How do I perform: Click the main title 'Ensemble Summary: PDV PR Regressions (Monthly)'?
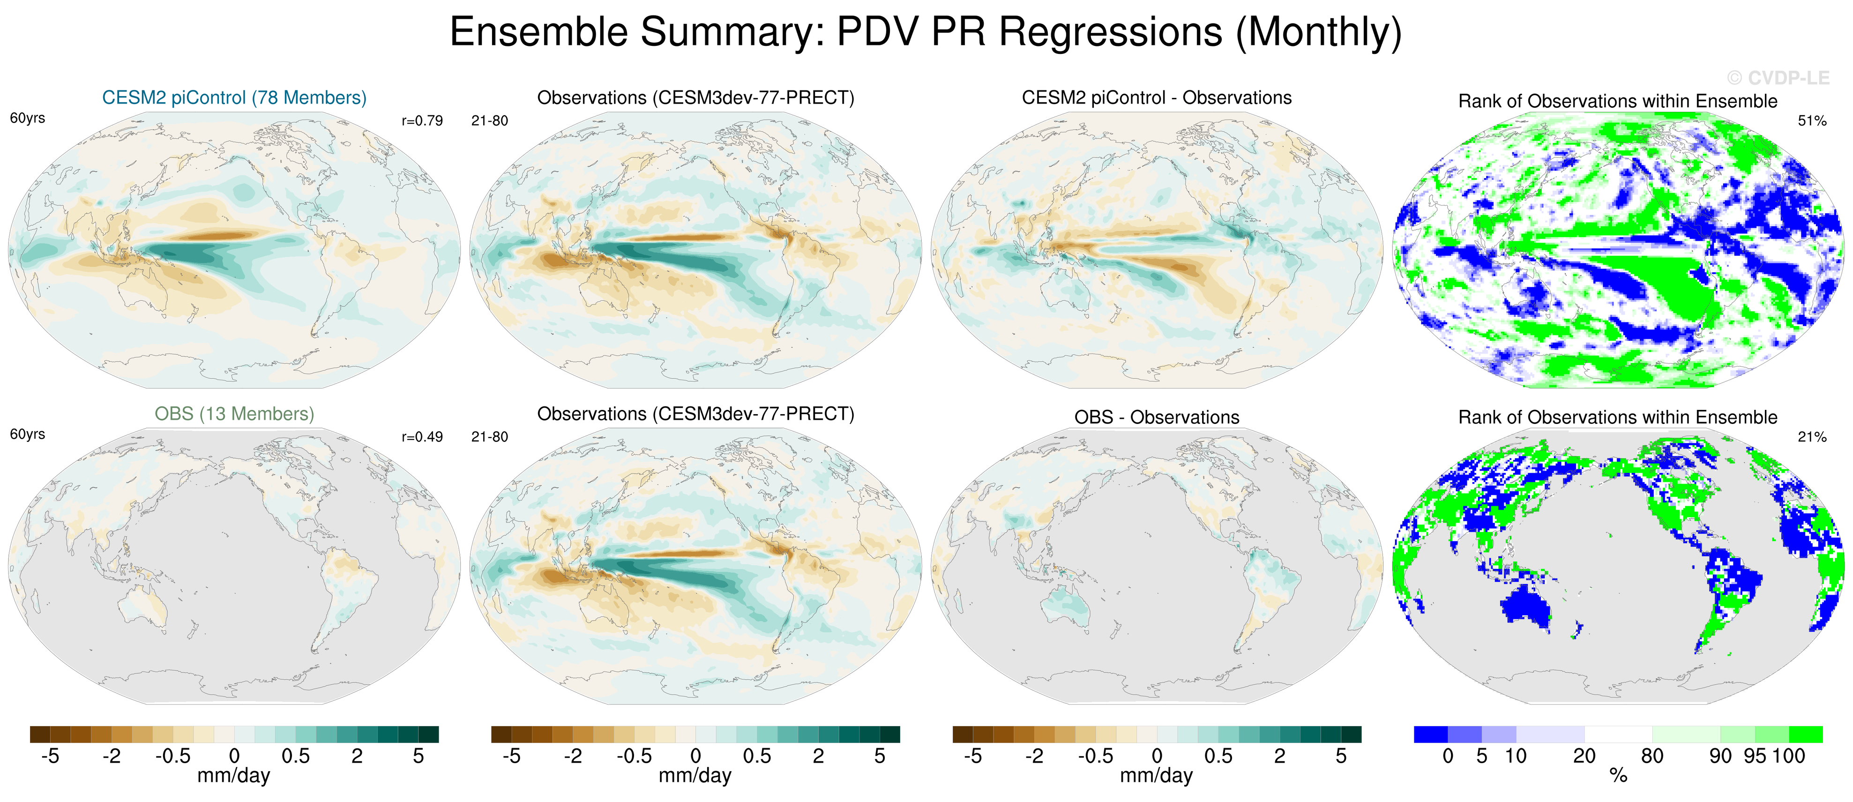pyautogui.click(x=926, y=32)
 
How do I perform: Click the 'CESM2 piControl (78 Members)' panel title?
pyautogui.click(x=234, y=98)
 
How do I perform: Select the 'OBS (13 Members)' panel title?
pyautogui.click(x=234, y=414)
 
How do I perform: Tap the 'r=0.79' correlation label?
pyautogui.click(x=422, y=121)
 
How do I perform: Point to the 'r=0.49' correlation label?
pyautogui.click(x=422, y=438)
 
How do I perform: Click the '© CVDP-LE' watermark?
pyautogui.click(x=1778, y=78)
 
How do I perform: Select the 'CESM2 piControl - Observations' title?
pyautogui.click(x=1157, y=98)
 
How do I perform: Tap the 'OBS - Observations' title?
pyautogui.click(x=1157, y=417)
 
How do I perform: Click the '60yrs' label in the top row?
pyautogui.click(x=27, y=118)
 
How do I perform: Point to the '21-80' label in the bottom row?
pyautogui.click(x=489, y=438)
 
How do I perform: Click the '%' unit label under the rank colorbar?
pyautogui.click(x=1618, y=775)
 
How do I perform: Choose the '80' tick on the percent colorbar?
pyautogui.click(x=1651, y=756)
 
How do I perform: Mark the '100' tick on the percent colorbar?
pyautogui.click(x=1789, y=756)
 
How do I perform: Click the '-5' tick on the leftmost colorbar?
pyautogui.click(x=50, y=756)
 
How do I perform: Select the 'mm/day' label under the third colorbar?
pyautogui.click(x=1157, y=775)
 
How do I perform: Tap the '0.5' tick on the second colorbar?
pyautogui.click(x=757, y=756)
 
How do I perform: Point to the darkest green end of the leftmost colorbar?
pyautogui.click(x=429, y=735)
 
